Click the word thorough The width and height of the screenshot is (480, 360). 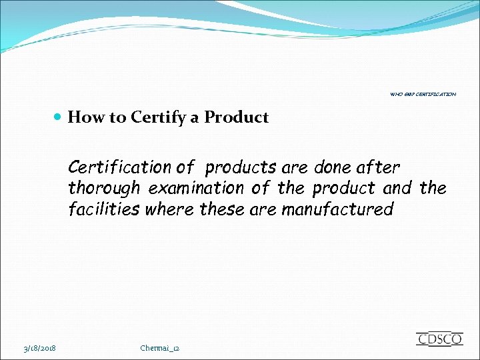(x=104, y=188)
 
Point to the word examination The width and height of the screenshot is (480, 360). (x=196, y=188)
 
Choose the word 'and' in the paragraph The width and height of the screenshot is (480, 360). (x=397, y=188)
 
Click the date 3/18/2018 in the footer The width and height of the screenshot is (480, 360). (x=40, y=348)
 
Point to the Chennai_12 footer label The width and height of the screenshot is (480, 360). (x=160, y=348)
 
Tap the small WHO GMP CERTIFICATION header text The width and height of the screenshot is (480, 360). (x=423, y=95)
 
